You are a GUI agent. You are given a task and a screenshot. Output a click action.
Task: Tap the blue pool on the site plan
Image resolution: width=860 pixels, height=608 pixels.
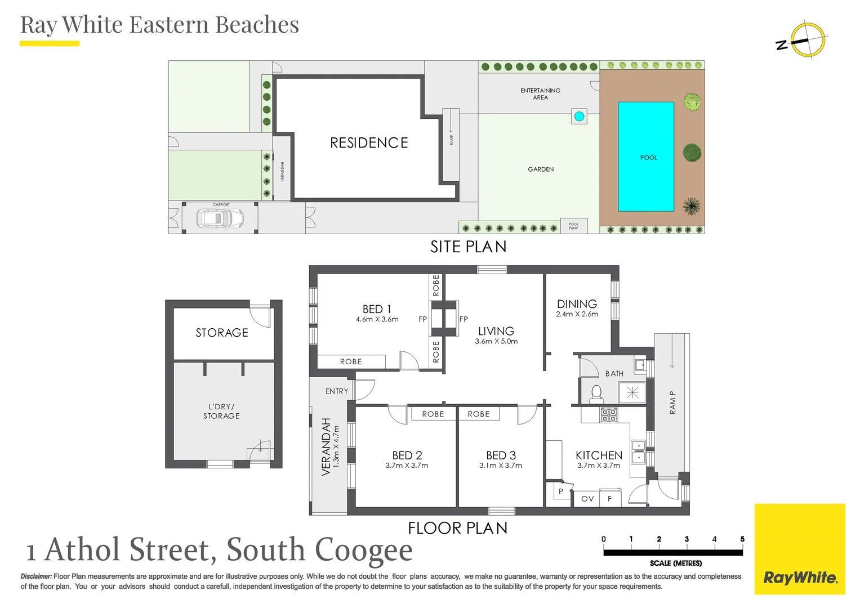coord(645,157)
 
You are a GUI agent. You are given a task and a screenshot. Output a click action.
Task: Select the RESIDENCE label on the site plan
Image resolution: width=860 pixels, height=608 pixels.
coord(369,143)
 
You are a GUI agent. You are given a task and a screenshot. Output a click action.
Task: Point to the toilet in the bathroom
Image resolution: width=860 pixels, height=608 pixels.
coord(596,394)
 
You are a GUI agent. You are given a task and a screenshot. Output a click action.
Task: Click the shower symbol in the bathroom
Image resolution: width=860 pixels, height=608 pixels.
coord(632,392)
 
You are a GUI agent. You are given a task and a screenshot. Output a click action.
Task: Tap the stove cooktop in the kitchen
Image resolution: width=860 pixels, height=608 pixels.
coord(609,415)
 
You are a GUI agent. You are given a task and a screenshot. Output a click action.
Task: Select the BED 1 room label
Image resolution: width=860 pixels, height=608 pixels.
coord(377,309)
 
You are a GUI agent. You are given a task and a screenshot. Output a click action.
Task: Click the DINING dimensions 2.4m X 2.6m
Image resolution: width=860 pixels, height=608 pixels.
coord(577,315)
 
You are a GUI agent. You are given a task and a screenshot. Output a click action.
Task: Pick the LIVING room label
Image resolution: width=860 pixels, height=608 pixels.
coord(496,331)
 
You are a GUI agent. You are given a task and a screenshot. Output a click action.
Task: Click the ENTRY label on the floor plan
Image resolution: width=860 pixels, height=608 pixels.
coord(337,391)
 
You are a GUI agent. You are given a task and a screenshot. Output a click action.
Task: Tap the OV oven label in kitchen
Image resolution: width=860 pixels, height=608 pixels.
coord(587,499)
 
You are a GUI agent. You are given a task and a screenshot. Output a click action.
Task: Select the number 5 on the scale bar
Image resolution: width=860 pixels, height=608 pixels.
coord(742,539)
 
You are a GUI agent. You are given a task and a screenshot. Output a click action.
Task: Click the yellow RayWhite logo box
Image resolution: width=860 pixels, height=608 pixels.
coord(800,549)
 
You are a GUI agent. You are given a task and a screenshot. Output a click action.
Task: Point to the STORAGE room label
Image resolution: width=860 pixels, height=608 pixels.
coord(222,333)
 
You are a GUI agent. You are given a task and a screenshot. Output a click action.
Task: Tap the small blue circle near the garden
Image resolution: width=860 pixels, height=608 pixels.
coord(579,117)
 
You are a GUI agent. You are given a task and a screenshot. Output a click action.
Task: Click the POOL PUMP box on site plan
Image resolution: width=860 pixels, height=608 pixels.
coord(573,226)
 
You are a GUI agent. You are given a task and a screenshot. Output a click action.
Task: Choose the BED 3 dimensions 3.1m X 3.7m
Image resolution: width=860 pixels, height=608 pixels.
coord(501,466)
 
